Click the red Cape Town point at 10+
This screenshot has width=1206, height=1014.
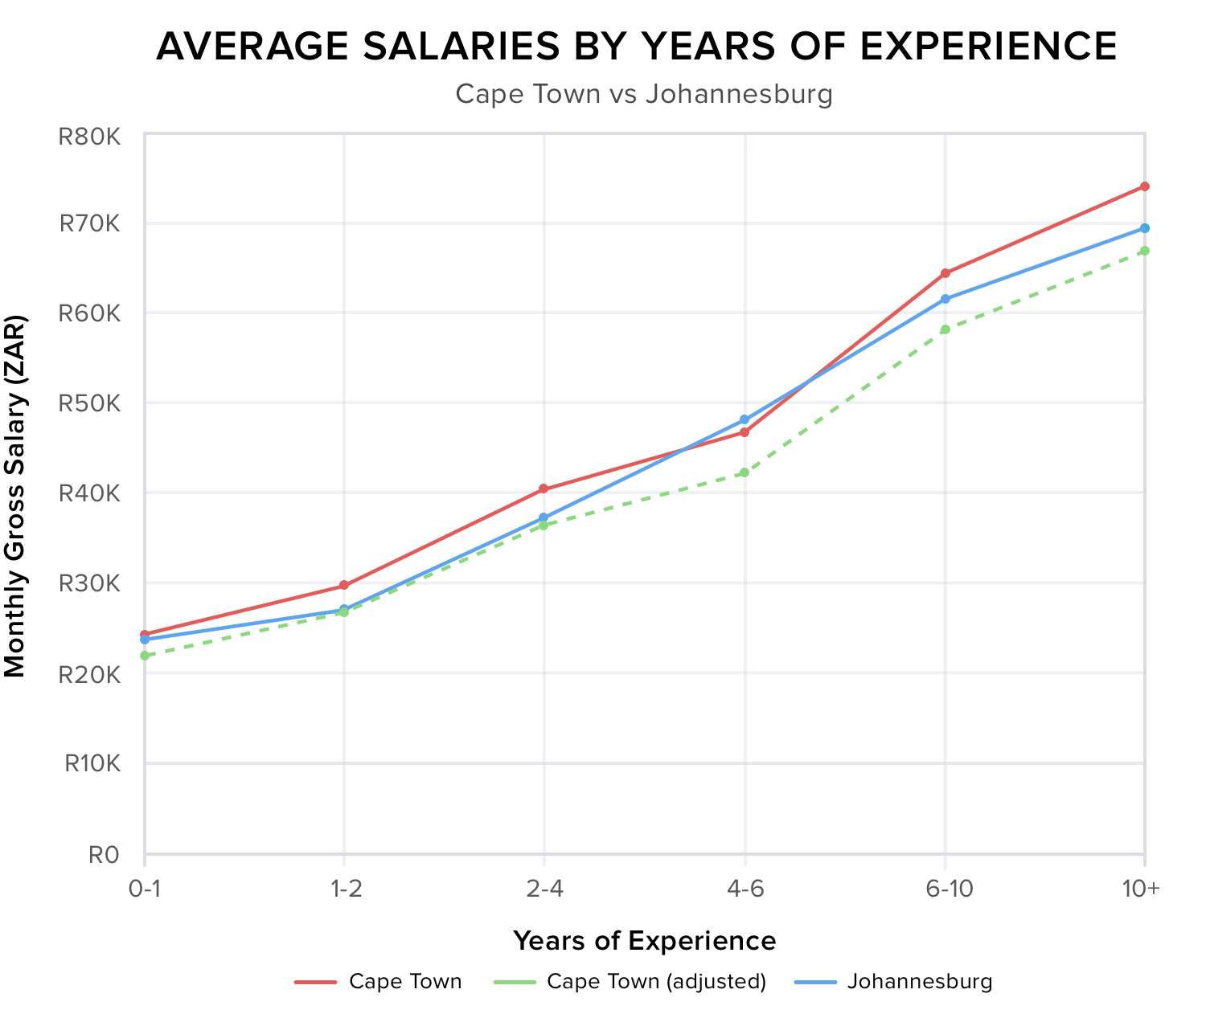coord(1144,186)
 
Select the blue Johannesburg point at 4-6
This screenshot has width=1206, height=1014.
coord(745,419)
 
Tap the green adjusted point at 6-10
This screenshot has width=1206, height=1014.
coord(945,329)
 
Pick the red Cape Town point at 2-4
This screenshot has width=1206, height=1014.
coord(544,489)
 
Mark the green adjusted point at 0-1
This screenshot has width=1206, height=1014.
coord(145,656)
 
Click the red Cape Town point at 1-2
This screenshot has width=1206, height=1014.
coord(344,586)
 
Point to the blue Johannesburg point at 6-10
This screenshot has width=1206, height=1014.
coord(945,299)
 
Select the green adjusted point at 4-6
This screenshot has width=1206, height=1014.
coord(745,472)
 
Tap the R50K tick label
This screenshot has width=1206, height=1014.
coord(89,403)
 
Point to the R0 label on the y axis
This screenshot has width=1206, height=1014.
coord(103,854)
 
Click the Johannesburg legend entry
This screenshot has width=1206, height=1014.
coord(920,981)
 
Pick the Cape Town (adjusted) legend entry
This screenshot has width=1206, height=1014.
coord(656,981)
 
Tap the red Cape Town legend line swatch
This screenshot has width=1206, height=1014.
coord(315,982)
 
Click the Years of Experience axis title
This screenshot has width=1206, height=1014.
coord(644,940)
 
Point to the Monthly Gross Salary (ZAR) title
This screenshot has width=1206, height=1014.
coord(15,495)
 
